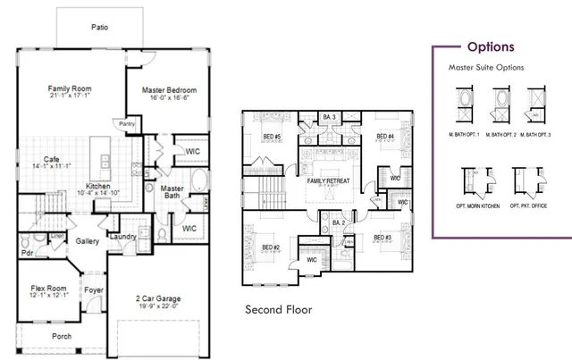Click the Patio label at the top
pyautogui.click(x=100, y=28)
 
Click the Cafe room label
pyautogui.click(x=38, y=158)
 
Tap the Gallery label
pyautogui.click(x=88, y=241)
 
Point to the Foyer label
pyautogui.click(x=94, y=290)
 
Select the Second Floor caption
pyautogui.click(x=280, y=310)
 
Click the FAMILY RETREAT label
pyautogui.click(x=328, y=181)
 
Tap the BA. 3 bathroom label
pyautogui.click(x=328, y=118)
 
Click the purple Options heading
pyautogui.click(x=491, y=47)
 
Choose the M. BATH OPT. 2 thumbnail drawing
pyautogui.click(x=500, y=104)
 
